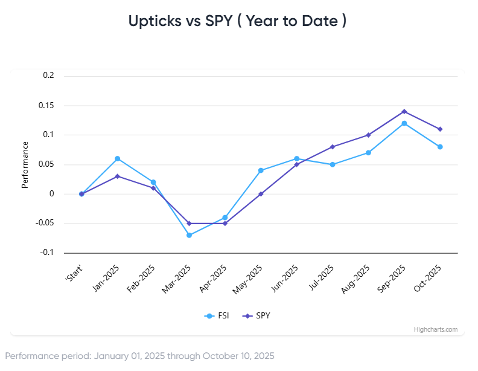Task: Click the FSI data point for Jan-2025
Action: click(117, 158)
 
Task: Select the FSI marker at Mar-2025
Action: click(189, 235)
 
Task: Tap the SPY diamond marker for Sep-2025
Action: click(404, 111)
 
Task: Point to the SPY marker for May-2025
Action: click(261, 194)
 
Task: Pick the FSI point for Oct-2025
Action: click(440, 147)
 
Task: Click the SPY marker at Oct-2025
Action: click(440, 129)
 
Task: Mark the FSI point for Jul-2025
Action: click(333, 164)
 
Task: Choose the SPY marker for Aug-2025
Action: click(368, 135)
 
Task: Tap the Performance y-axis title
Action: click(25, 164)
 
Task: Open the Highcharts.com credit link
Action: click(435, 329)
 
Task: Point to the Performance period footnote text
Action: click(139, 356)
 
